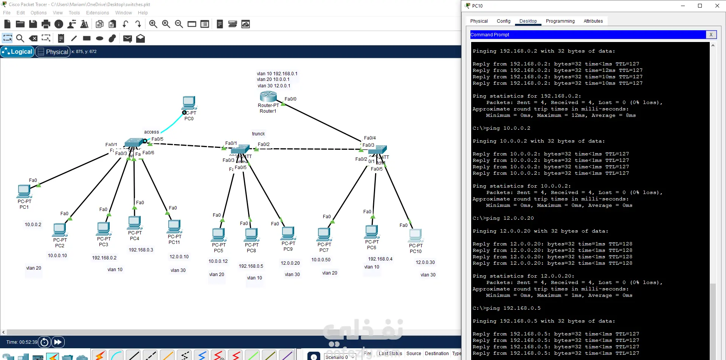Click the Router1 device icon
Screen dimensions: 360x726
[x=268, y=96]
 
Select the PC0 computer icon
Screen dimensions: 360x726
[x=189, y=103]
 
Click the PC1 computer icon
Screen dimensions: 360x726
[x=24, y=191]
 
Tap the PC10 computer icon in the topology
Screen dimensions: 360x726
[x=416, y=236]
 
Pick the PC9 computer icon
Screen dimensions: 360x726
[x=288, y=233]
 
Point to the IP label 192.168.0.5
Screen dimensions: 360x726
[x=251, y=266]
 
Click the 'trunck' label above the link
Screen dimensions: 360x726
[x=258, y=134]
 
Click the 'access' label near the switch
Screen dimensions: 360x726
[x=151, y=132]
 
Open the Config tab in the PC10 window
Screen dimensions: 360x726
[x=503, y=21]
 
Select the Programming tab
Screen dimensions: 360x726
[x=560, y=21]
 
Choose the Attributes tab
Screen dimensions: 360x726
[x=593, y=21]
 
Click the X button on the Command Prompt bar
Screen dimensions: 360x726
[x=711, y=35]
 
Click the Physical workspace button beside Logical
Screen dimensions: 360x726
[x=53, y=52]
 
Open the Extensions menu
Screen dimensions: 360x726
[x=97, y=13]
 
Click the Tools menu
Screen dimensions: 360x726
[x=74, y=13]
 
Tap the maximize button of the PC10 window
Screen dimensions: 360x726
[x=700, y=6]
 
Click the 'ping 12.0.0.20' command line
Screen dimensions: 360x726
[x=503, y=218]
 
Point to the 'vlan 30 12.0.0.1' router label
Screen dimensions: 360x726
[x=274, y=86]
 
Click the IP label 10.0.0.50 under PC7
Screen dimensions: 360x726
[x=321, y=260]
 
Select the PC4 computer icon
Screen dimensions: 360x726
[x=135, y=223]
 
